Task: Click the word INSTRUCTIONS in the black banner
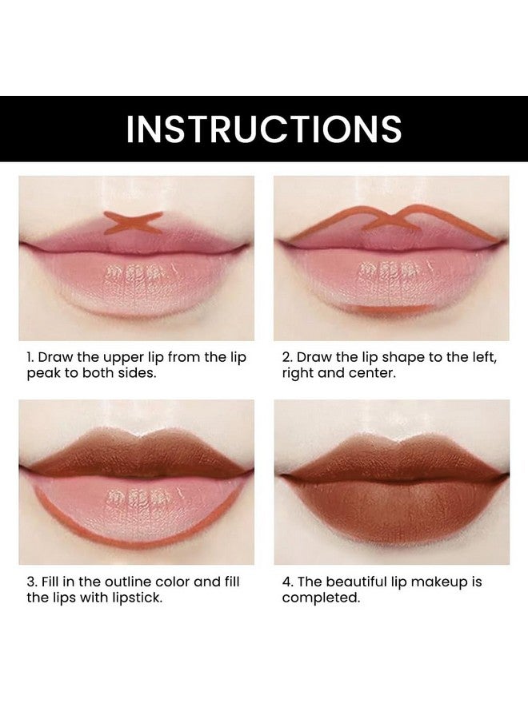tap(264, 129)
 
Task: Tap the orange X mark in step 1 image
tap(133, 223)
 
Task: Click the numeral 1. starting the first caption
tap(31, 358)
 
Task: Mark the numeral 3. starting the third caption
tap(31, 582)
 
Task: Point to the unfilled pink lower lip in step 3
tap(136, 503)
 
